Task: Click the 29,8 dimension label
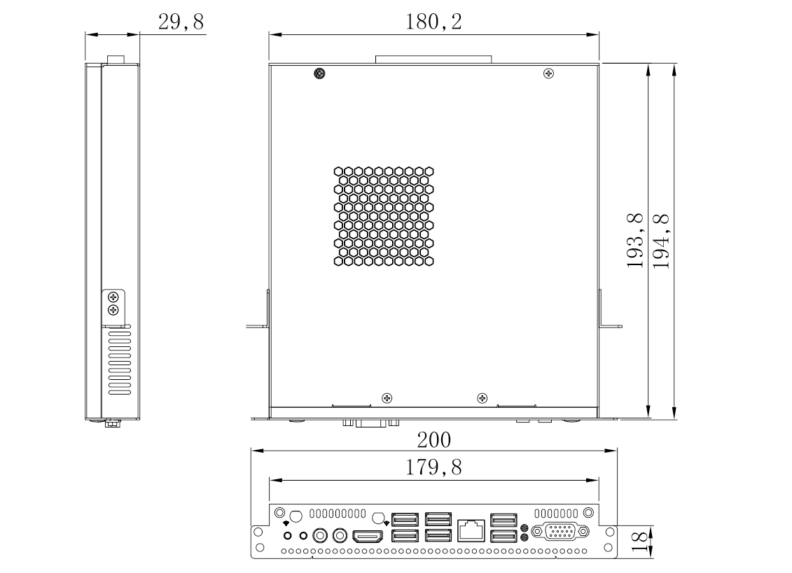(x=181, y=22)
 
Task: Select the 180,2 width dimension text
(x=433, y=22)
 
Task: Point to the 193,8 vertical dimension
(x=635, y=241)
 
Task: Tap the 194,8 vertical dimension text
(x=660, y=241)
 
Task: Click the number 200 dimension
(x=434, y=440)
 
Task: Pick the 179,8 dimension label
(x=434, y=467)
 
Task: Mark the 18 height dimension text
(x=639, y=542)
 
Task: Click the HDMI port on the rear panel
(x=367, y=536)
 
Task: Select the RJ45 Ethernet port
(x=471, y=530)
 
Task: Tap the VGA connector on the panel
(x=560, y=532)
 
